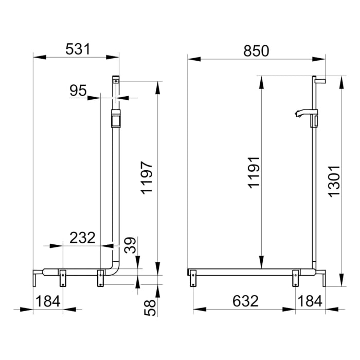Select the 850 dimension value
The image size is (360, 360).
click(256, 50)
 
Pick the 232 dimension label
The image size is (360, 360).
click(82, 238)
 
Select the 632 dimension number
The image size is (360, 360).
click(245, 301)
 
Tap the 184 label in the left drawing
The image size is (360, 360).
click(47, 301)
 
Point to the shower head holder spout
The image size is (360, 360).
click(301, 113)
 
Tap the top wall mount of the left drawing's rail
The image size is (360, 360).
click(116, 80)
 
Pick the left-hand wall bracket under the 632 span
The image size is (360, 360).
click(193, 278)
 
